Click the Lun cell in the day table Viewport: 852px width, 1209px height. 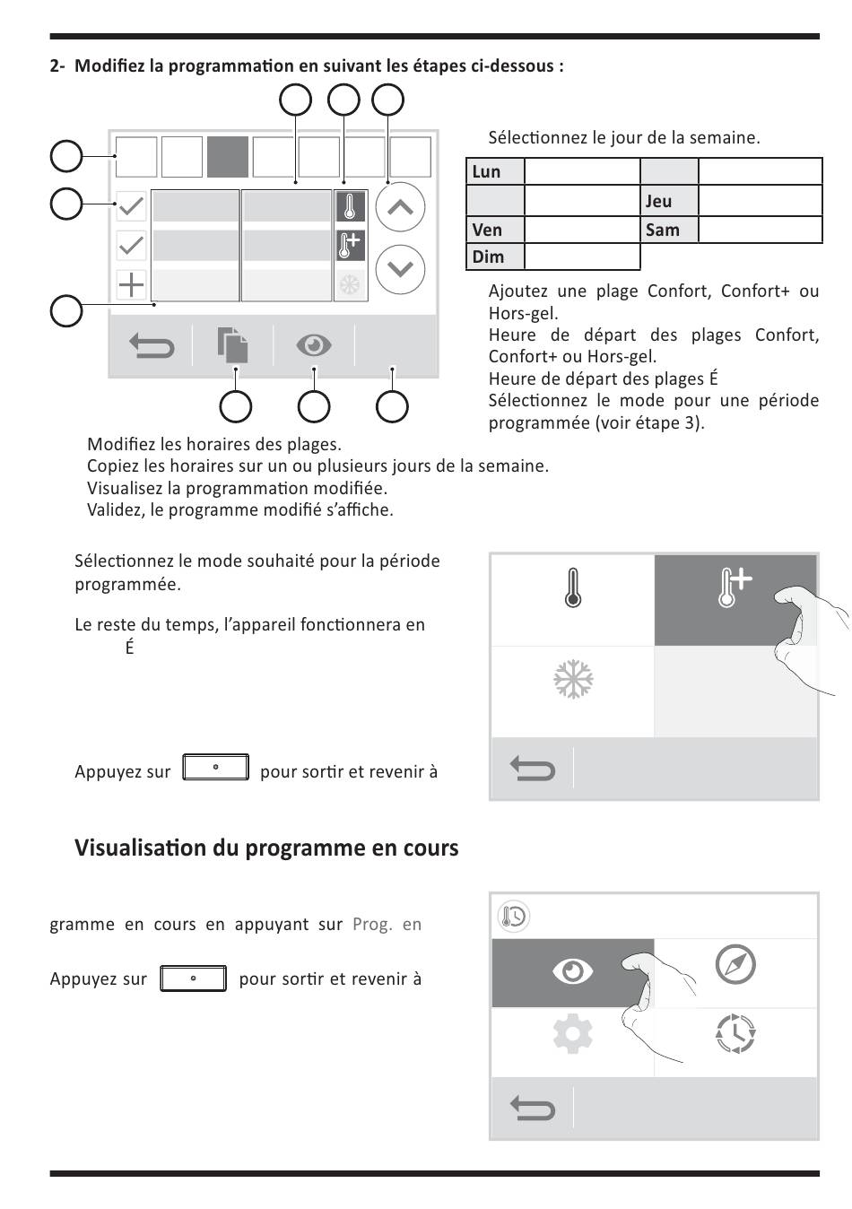[x=494, y=172]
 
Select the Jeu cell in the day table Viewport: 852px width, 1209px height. [x=669, y=201]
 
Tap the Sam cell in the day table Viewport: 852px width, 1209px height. [x=669, y=230]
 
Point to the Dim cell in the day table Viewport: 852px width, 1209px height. [x=494, y=257]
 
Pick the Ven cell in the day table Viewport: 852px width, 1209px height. [x=494, y=230]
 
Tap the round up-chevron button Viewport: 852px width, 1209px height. [x=400, y=207]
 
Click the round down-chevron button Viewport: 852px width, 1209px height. [x=400, y=269]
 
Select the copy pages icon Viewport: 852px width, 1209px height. [x=232, y=345]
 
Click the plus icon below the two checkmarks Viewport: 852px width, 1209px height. [x=132, y=285]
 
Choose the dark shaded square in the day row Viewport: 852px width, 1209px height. [x=228, y=157]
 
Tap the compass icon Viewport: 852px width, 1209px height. [x=735, y=965]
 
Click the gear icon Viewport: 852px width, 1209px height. [x=573, y=1035]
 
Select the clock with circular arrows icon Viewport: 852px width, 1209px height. [x=735, y=1034]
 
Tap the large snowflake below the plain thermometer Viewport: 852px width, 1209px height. [x=573, y=680]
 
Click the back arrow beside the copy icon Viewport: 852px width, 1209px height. [x=152, y=345]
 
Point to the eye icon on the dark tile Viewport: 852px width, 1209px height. [x=573, y=970]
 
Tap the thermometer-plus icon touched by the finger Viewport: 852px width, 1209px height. [x=734, y=588]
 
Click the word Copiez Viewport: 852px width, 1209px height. [x=112, y=466]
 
